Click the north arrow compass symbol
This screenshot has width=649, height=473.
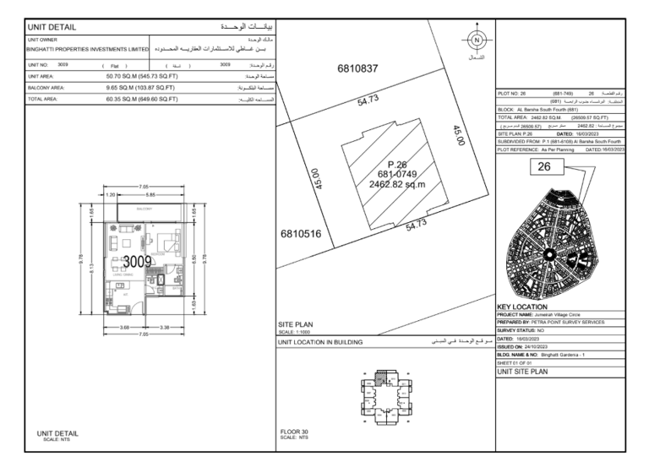click(476, 40)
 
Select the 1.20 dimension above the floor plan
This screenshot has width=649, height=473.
click(110, 194)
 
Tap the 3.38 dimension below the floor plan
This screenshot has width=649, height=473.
click(166, 327)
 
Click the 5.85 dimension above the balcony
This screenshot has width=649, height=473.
click(148, 194)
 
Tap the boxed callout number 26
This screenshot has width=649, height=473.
click(544, 167)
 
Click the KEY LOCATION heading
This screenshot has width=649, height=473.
click(522, 307)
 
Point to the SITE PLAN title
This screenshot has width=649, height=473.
click(296, 323)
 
